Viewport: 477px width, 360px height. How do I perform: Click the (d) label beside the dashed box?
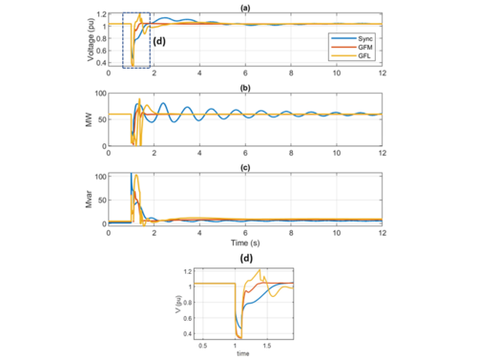click(x=159, y=41)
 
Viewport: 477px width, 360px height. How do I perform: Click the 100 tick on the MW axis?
click(x=99, y=94)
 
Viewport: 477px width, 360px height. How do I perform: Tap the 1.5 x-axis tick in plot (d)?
click(x=267, y=347)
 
